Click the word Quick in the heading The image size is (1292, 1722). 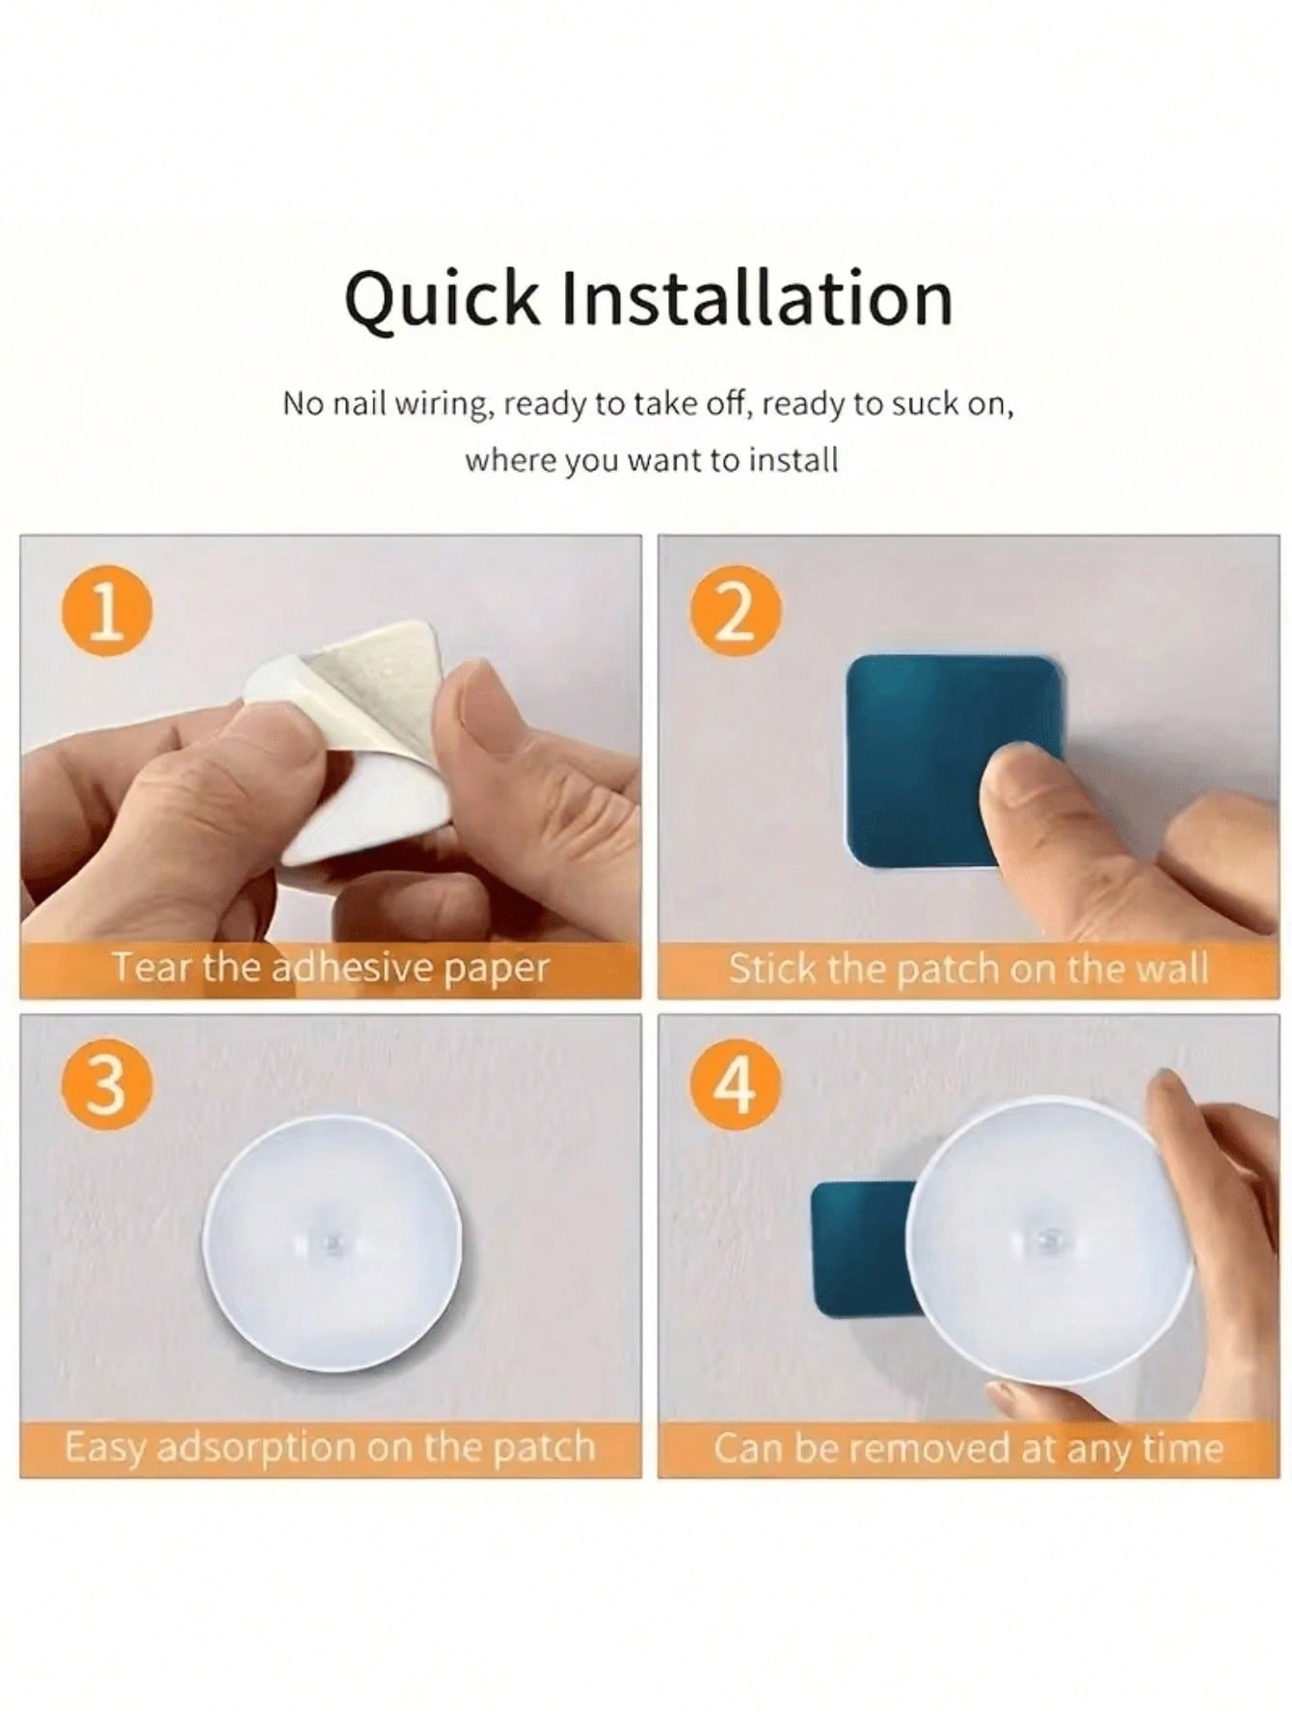(x=443, y=300)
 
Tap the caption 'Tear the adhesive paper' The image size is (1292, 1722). (x=331, y=967)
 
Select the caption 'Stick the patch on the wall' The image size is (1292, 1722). (x=968, y=967)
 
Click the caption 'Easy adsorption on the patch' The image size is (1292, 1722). (x=330, y=1446)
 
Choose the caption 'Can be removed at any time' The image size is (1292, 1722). (x=968, y=1447)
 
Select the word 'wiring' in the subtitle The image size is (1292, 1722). (x=436, y=405)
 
